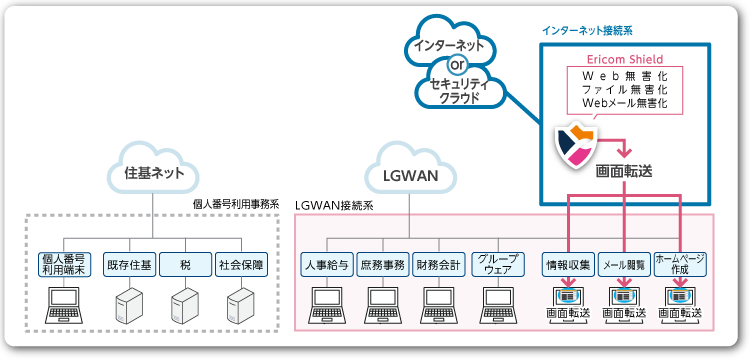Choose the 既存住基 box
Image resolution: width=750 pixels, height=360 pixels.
click(x=128, y=265)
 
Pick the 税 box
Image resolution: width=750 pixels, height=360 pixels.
click(x=184, y=265)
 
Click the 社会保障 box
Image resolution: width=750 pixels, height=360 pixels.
click(x=241, y=265)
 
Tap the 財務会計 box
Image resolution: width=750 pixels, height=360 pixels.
click(x=438, y=265)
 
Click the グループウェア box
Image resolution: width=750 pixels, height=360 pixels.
click(x=495, y=265)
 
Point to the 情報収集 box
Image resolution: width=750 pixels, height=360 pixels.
click(x=568, y=265)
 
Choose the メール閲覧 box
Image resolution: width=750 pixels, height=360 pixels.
click(x=625, y=265)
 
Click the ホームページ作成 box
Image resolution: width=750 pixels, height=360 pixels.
click(x=681, y=265)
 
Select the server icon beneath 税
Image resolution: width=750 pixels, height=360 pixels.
click(x=184, y=302)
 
